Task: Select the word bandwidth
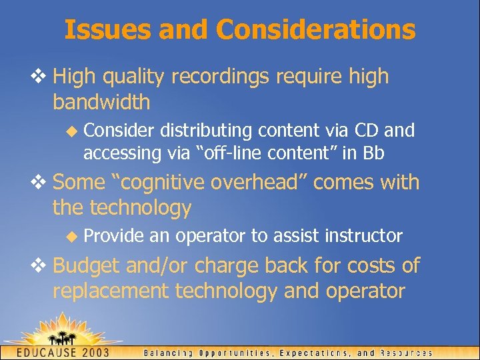point(101,103)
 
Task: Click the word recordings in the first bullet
point(219,77)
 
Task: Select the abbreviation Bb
point(373,153)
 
